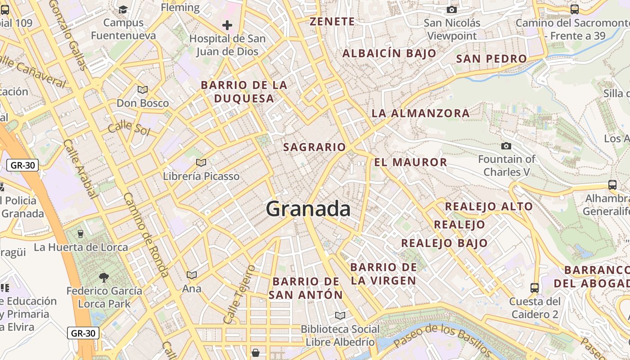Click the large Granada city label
[x=308, y=209]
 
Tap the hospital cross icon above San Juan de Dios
[x=227, y=25]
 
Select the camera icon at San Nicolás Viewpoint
[x=452, y=9]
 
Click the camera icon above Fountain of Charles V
[x=506, y=146]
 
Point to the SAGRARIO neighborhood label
[x=315, y=147]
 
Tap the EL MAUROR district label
[x=410, y=162]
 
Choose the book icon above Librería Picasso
[x=201, y=162]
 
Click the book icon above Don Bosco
[x=143, y=90]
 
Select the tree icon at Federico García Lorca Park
[x=104, y=277]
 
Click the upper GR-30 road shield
[x=22, y=165]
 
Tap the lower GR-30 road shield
[x=83, y=333]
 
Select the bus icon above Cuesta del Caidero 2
[x=535, y=288]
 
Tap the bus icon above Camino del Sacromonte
[x=574, y=9]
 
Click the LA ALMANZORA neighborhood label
[x=421, y=113]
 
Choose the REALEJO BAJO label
[x=444, y=243]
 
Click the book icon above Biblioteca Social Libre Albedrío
[x=340, y=316]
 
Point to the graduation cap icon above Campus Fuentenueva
[x=123, y=9]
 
